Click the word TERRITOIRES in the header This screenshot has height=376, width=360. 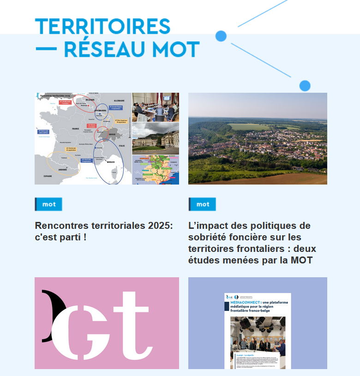[x=102, y=27]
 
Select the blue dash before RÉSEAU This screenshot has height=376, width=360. [x=46, y=48]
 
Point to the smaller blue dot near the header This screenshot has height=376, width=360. [x=221, y=36]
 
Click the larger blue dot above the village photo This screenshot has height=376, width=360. [x=305, y=85]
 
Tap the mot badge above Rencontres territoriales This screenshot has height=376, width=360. [x=48, y=204]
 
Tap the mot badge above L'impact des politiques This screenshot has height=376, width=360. [x=202, y=204]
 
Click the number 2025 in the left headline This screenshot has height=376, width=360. [x=160, y=226]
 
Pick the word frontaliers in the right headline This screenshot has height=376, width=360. [x=266, y=249]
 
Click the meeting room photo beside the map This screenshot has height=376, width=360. [x=156, y=107]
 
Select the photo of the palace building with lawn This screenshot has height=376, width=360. [x=156, y=138]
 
